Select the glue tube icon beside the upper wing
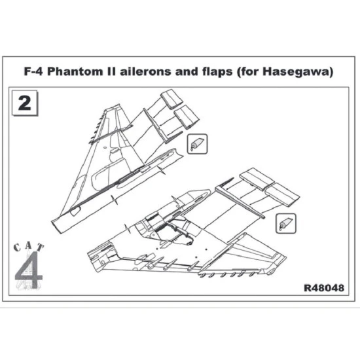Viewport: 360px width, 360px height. tap(197, 143)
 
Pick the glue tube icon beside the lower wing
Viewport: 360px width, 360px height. tap(283, 223)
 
